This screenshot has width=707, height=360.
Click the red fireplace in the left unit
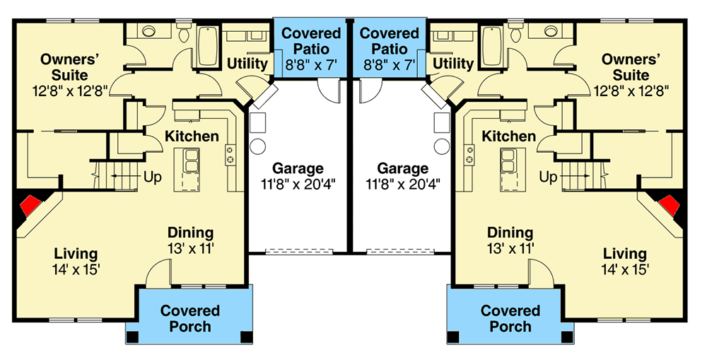pos(29,207)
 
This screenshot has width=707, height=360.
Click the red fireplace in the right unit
pos(669,207)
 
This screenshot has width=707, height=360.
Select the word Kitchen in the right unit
pos(509,136)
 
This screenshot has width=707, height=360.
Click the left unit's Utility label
pos(247,64)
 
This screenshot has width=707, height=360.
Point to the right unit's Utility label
pos(452,64)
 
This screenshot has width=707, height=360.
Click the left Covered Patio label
pos(312,41)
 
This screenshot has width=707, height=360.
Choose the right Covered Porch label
pos(510,318)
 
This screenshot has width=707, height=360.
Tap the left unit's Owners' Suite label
pos(64,66)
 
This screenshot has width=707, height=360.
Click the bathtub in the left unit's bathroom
pos(208,47)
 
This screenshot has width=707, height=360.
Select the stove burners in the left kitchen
pos(230,155)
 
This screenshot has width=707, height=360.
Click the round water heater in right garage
pos(442,146)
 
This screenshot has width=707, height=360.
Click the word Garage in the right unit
pos(402,169)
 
